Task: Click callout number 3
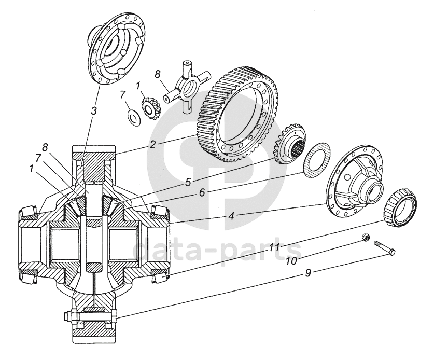click(94, 112)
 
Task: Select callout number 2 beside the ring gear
click(152, 145)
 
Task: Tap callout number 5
click(188, 182)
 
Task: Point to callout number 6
click(202, 192)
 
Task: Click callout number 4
click(231, 216)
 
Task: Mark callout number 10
click(291, 260)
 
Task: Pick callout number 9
click(308, 273)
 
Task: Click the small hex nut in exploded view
click(366, 238)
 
